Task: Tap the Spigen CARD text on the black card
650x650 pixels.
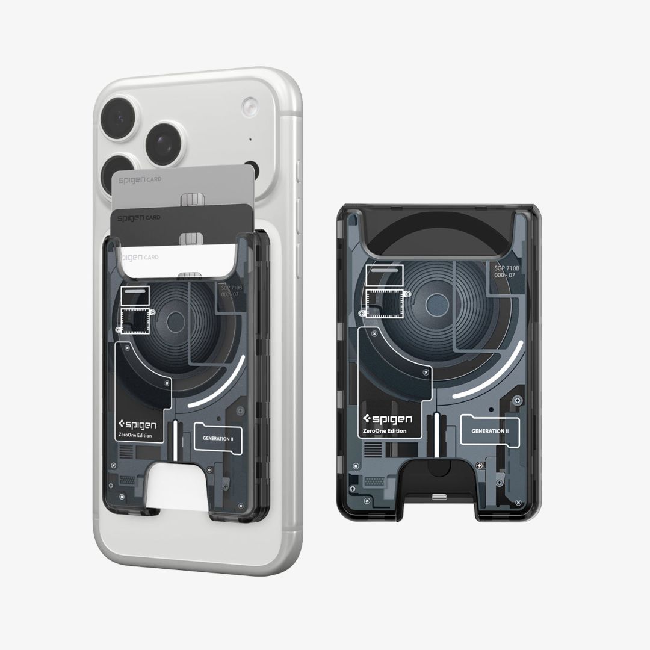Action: click(x=138, y=217)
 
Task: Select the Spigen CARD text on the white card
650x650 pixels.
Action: click(x=139, y=257)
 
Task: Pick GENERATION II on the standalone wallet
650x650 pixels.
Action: click(x=490, y=432)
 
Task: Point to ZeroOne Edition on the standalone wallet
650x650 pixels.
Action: click(x=385, y=431)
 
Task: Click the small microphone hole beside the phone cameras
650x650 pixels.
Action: click(x=250, y=141)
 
